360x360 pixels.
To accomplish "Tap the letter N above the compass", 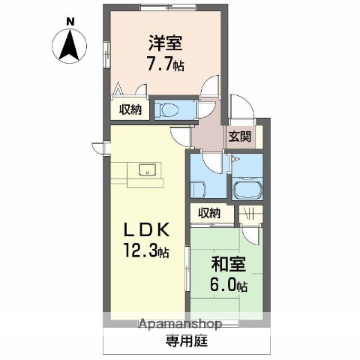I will (x=70, y=21).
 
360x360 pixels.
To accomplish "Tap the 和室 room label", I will (x=226, y=264).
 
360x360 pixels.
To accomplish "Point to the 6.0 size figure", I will (x=227, y=285).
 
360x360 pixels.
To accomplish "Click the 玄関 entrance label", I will (x=240, y=136).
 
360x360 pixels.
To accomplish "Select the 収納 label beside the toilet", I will (x=130, y=109).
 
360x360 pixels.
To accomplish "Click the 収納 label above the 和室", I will (x=210, y=212).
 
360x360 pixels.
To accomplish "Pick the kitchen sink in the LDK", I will (x=147, y=169).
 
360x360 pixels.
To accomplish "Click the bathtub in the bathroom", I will (x=246, y=189).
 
